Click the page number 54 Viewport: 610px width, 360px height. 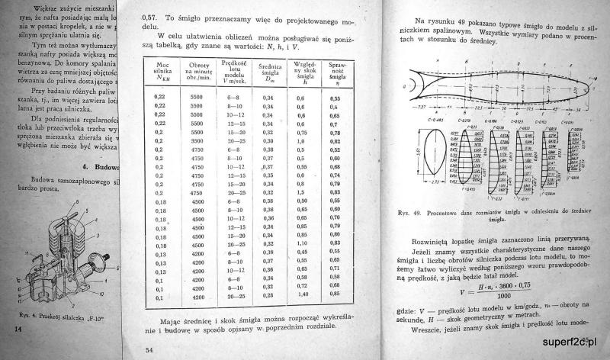149,349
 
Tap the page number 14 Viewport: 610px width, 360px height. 18,328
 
